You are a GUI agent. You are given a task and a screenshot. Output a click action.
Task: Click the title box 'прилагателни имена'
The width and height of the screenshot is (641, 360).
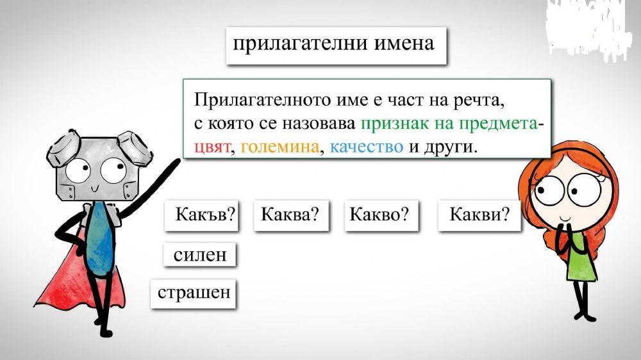[x=335, y=44]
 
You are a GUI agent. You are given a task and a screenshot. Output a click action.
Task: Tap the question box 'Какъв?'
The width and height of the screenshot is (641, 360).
[x=201, y=215]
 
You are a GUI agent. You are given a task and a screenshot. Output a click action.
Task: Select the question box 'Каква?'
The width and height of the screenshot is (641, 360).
[x=291, y=215]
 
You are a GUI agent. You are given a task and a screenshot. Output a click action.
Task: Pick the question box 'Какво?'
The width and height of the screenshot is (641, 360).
[x=381, y=215]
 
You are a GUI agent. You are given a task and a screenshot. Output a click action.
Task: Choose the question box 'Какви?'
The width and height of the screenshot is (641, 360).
[x=479, y=215]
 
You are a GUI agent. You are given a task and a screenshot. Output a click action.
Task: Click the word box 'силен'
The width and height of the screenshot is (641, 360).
[x=200, y=254]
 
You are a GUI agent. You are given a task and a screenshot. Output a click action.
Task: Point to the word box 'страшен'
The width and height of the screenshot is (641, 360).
[x=194, y=294]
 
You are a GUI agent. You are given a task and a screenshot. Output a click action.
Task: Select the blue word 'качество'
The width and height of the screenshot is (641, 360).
[x=367, y=147]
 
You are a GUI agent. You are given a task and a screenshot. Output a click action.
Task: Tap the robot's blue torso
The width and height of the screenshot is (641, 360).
[x=100, y=237]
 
